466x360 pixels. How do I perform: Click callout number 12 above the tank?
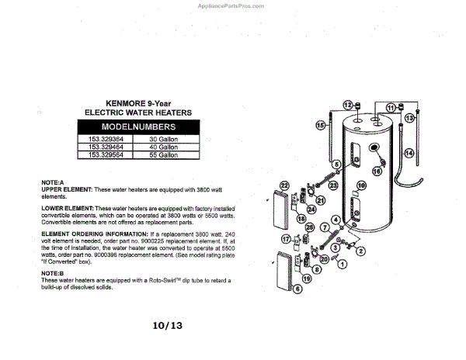(348, 104)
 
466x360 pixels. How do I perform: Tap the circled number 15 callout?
(320, 125)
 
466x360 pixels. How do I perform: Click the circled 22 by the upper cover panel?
(284, 185)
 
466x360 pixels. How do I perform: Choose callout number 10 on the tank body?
(360, 185)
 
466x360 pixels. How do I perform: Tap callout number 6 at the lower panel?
(297, 288)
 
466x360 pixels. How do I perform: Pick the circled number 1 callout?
(342, 265)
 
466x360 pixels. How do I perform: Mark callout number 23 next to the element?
(332, 186)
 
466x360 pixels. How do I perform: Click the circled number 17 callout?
(286, 238)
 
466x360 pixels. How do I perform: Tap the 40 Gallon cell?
(164, 147)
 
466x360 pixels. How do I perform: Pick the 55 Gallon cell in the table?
(164, 155)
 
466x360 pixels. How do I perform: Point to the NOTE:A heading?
(52, 182)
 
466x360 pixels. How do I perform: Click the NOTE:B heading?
(52, 273)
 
